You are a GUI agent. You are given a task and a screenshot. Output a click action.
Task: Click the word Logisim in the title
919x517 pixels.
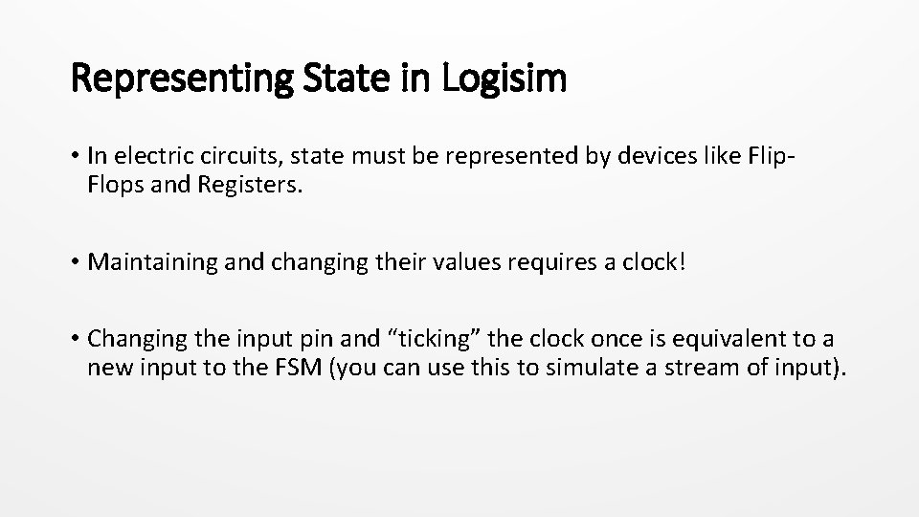tap(504, 79)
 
